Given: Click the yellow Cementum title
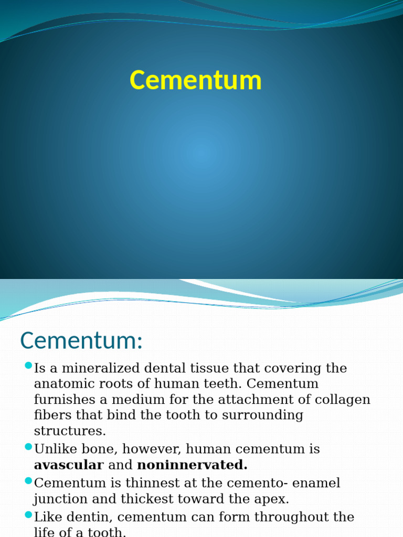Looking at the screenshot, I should click(195, 81).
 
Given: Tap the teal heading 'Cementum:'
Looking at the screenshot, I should click(81, 341).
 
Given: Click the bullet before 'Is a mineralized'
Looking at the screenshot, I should click(29, 366).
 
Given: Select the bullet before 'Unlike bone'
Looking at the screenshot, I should click(29, 447).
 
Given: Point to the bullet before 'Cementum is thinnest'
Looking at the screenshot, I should click(29, 480).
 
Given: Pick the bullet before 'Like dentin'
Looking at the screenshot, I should click(29, 514).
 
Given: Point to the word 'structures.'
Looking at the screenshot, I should click(70, 432).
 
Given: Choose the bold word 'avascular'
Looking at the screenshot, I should click(69, 465).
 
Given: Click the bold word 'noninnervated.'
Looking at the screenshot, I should click(192, 465).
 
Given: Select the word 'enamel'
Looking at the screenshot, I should click(316, 483).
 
